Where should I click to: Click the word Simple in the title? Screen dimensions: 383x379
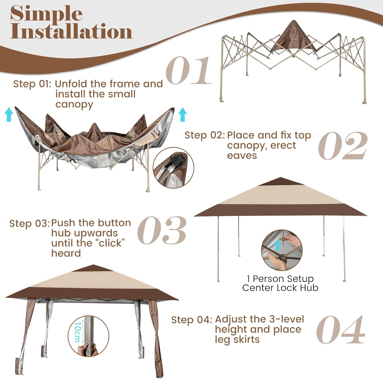click(x=46, y=14)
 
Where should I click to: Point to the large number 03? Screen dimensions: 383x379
click(x=162, y=230)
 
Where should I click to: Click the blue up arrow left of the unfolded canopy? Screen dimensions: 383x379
click(x=9, y=114)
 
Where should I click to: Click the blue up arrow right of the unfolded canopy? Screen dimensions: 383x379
click(x=183, y=114)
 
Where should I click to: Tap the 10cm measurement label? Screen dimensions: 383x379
click(x=77, y=332)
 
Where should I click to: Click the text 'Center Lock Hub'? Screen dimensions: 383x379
click(x=280, y=288)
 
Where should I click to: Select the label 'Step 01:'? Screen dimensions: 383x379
click(x=32, y=84)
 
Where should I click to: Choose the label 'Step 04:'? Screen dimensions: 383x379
click(x=192, y=320)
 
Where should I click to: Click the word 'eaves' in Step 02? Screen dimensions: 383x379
click(x=242, y=155)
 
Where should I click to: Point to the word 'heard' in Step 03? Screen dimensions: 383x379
click(x=66, y=253)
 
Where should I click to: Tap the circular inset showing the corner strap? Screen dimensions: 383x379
click(x=173, y=168)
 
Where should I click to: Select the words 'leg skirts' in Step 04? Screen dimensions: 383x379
click(x=237, y=340)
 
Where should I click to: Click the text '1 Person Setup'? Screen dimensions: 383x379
click(x=280, y=279)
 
